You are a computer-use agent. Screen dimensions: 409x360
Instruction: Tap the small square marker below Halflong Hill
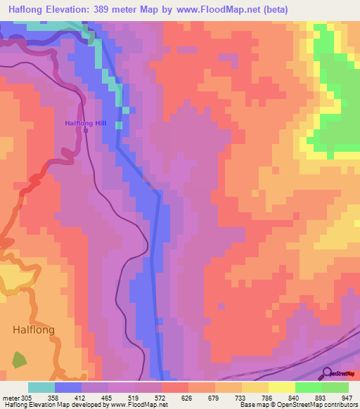coord(86,130)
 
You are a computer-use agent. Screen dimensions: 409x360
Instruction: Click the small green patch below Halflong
coord(19,360)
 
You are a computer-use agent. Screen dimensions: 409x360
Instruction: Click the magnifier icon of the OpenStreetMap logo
coord(326,372)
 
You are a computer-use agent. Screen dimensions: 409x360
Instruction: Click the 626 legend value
coord(168,397)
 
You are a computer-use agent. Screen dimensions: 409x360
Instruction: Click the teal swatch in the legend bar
coord(41,387)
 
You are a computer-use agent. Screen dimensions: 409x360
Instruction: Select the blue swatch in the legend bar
coord(68,387)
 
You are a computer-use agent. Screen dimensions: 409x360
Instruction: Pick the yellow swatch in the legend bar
coord(282,387)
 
